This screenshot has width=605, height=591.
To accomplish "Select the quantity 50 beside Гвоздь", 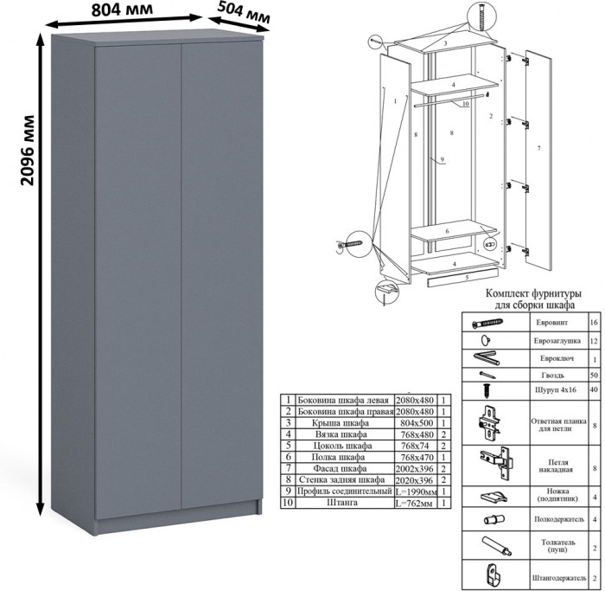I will (x=593, y=376).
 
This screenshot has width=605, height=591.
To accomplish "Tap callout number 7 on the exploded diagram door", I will (x=538, y=149).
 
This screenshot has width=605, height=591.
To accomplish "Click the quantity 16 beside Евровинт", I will (x=593, y=322).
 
